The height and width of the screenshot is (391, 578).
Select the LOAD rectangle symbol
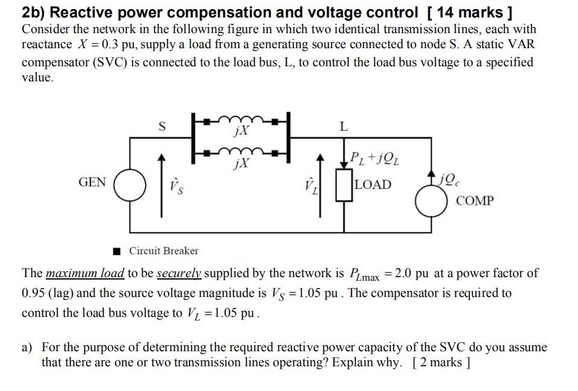(345, 184)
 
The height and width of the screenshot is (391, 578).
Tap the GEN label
(92, 183)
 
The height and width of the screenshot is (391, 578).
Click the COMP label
(475, 201)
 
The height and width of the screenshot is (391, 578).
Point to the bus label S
(161, 127)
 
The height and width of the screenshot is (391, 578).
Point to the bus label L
(343, 127)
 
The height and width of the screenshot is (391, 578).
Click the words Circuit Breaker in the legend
(164, 251)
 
